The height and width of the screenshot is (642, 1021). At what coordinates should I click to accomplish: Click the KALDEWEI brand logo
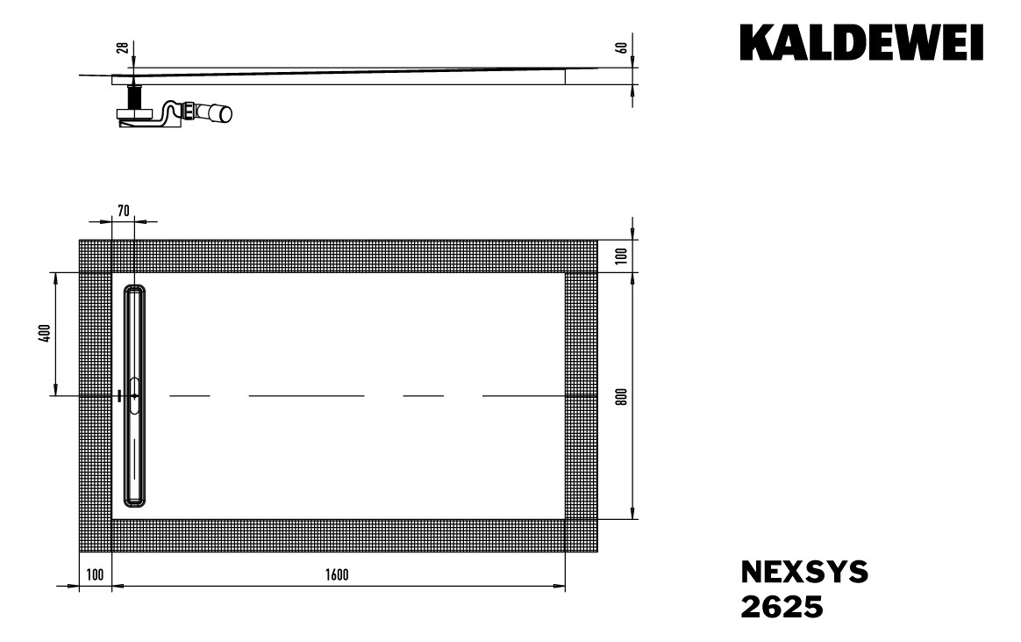point(861,43)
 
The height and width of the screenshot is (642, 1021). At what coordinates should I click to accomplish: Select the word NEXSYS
point(804,573)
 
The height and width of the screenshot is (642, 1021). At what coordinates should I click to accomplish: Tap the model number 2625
point(782,607)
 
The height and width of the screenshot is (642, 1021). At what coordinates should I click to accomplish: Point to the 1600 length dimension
point(336,575)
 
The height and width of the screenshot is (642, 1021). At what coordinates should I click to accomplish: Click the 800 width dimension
point(621,395)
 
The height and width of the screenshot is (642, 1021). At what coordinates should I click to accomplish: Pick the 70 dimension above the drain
point(124,210)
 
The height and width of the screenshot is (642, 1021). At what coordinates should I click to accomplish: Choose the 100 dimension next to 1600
point(96,575)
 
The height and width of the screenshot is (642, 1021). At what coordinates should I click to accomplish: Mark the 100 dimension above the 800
point(621,256)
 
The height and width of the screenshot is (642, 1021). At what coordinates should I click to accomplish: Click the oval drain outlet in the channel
point(134,396)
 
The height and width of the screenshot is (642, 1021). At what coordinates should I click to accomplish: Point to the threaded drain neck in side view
point(135,96)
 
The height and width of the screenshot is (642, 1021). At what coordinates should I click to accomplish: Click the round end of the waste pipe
point(225,113)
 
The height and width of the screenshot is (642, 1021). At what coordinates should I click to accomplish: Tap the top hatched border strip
point(338,256)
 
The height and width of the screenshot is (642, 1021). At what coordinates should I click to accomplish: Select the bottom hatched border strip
point(338,536)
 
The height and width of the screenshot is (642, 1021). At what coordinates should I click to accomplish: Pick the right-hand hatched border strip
point(581,395)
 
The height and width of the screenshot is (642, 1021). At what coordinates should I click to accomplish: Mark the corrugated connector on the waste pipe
point(188,112)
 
